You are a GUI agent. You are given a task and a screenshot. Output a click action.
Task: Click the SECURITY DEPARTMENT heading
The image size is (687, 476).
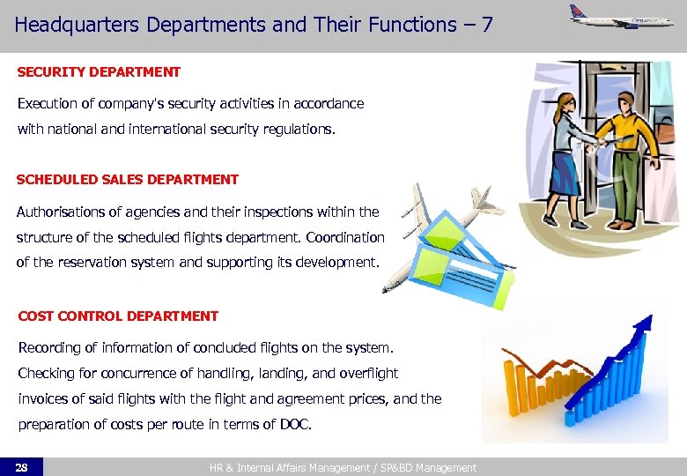pos(99,72)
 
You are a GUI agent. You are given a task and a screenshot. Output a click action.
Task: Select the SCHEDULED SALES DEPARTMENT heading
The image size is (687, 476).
pos(128,179)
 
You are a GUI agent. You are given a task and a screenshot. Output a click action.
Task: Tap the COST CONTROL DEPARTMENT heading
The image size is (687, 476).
pos(118,316)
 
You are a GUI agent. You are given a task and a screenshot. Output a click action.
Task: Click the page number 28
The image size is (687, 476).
pos(22,467)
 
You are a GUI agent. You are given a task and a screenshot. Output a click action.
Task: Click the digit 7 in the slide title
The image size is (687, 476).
pos(486,25)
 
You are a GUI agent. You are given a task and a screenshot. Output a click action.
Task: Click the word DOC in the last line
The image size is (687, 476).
pos(294,424)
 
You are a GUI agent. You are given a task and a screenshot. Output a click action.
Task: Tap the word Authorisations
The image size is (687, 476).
pos(65,212)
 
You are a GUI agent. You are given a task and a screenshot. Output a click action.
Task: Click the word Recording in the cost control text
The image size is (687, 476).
pos(49,348)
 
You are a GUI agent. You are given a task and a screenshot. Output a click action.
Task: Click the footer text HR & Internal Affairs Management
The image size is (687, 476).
pos(278,468)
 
